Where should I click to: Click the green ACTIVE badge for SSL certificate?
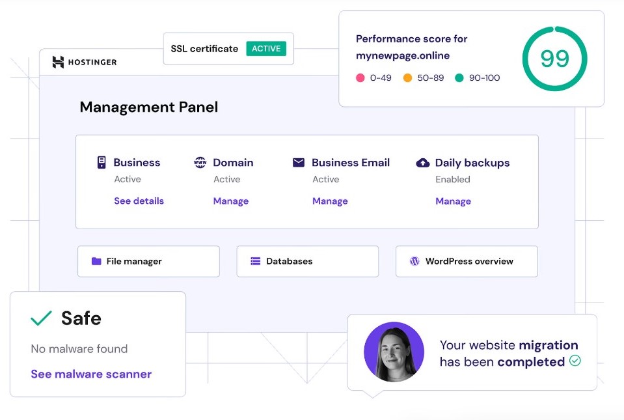(x=266, y=49)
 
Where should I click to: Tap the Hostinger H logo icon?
(x=58, y=62)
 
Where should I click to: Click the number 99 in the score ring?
(x=555, y=59)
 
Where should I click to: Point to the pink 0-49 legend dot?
(x=360, y=77)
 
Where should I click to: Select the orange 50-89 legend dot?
(x=407, y=77)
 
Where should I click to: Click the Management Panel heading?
(x=149, y=107)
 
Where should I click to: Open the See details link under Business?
(x=139, y=201)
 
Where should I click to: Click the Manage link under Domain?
(x=231, y=201)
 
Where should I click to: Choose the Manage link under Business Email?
(x=330, y=201)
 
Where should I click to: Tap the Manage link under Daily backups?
(x=454, y=201)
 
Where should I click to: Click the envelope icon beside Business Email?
(x=299, y=162)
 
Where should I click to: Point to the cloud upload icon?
(x=423, y=162)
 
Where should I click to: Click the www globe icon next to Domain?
(x=200, y=162)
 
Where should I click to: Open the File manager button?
(x=148, y=261)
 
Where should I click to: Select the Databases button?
(x=308, y=261)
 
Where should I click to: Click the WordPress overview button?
(x=467, y=261)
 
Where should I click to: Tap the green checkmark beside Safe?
(x=41, y=318)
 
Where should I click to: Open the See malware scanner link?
(x=91, y=374)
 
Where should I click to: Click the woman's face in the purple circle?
(x=393, y=350)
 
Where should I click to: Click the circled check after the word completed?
(x=575, y=361)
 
